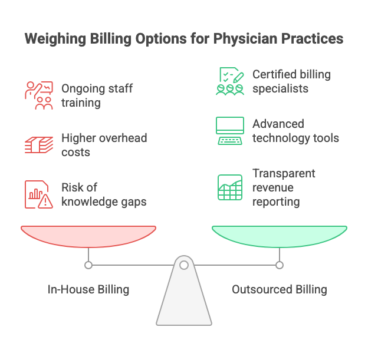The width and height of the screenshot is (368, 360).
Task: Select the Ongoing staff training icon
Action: coord(39,95)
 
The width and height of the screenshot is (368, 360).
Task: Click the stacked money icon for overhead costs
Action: coord(39,145)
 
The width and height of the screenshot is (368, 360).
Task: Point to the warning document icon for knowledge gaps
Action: coord(39,194)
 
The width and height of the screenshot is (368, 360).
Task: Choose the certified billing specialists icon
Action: coord(230,81)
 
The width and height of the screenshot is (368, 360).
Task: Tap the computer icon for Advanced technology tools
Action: coord(230,131)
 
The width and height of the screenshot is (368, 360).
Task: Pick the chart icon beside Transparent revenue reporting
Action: coord(230,187)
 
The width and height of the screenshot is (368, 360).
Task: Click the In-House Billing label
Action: coord(88,289)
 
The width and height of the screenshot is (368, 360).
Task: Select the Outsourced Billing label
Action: coord(279,289)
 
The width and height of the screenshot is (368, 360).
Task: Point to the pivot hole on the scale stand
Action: coord(184,266)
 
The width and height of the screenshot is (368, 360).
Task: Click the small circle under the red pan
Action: coord(88,265)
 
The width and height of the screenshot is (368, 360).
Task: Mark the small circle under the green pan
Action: coord(280,265)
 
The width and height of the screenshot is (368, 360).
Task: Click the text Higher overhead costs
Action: coord(104,145)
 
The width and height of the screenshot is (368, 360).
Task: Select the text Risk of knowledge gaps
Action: coord(104,194)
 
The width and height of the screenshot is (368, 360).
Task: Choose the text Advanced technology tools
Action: coord(295,131)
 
